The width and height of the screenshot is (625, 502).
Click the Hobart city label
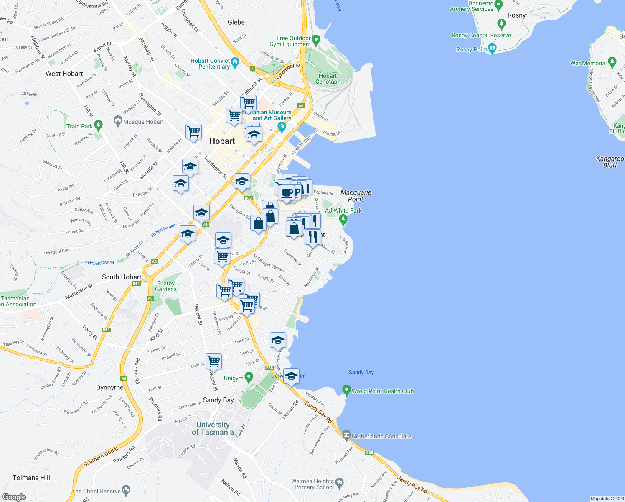(222, 141)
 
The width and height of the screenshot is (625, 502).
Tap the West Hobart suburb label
(64, 74)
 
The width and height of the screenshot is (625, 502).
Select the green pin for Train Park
(98, 125)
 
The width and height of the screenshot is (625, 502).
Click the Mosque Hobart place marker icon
(118, 122)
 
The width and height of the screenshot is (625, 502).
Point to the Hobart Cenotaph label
(328, 79)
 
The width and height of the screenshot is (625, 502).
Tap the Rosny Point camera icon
(492, 48)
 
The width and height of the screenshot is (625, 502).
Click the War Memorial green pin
(612, 62)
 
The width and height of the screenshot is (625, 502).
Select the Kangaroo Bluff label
(610, 162)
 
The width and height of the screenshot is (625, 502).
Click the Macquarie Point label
(356, 196)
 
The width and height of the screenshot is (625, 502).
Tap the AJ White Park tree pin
(343, 218)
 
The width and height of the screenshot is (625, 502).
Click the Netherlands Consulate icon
(346, 435)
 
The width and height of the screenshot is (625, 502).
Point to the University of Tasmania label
(213, 428)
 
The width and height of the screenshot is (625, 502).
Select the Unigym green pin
(249, 377)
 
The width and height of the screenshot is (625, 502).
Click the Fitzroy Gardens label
(166, 286)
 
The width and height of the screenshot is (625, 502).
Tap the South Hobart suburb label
(122, 277)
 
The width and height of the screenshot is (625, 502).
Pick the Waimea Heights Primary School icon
(339, 483)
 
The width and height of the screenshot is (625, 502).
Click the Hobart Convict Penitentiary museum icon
(235, 63)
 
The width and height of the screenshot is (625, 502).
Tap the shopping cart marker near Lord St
(213, 361)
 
